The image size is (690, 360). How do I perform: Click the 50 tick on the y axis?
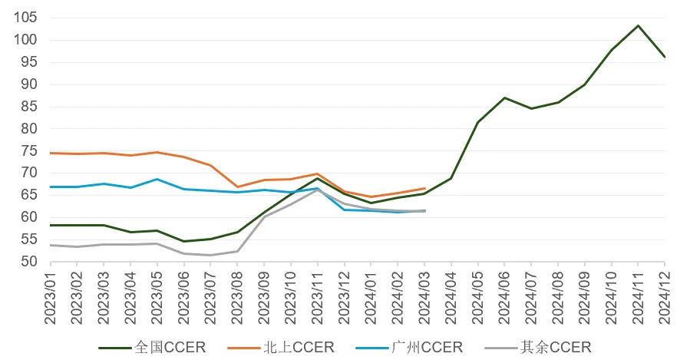tap(29, 262)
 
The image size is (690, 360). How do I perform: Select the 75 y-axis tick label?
tap(29, 150)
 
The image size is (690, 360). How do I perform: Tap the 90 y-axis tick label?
tap(29, 84)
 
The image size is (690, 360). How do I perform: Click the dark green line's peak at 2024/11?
tap(639, 25)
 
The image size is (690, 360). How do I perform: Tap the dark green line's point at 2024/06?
tap(504, 97)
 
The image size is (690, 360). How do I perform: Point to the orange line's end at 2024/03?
tap(424, 188)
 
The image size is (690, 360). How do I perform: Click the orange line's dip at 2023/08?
tap(237, 187)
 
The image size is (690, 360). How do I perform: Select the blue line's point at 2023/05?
tap(157, 179)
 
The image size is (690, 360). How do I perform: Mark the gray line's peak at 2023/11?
tap(318, 189)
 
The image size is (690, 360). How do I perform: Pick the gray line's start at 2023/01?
tap(51, 245)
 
